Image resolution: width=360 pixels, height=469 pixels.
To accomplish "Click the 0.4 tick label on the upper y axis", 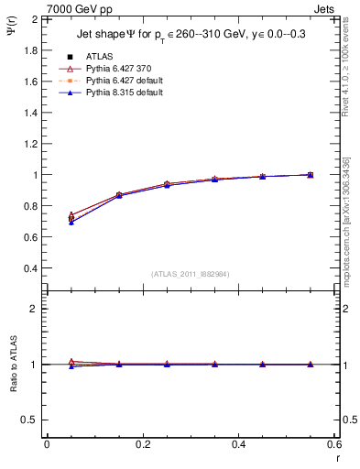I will [x=28, y=268].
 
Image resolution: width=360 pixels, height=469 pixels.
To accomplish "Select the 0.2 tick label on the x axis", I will [x=142, y=444].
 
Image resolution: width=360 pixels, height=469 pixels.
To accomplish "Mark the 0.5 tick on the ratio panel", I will [x=28, y=420].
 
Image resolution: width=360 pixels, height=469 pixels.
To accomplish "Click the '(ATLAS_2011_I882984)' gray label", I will [x=190, y=274].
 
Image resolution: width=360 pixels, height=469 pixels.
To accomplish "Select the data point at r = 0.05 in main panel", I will [x=71, y=218].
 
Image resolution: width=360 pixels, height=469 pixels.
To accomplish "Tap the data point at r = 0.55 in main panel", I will [x=310, y=174].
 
